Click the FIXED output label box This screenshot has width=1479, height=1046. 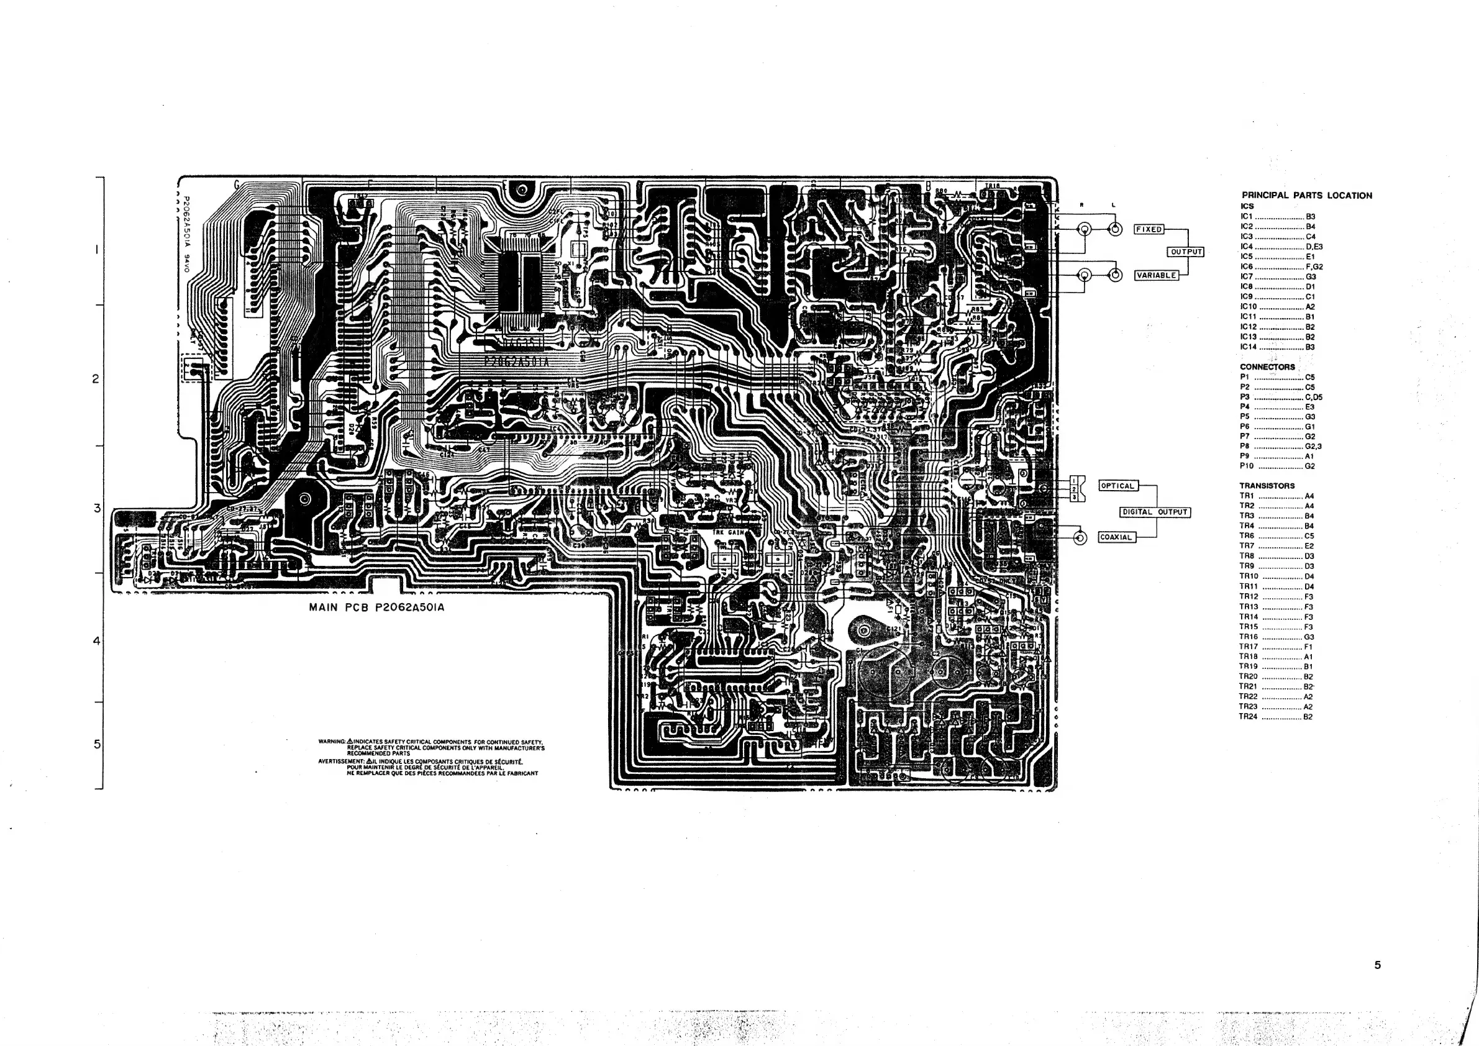(1149, 229)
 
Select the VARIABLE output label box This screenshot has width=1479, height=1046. (1156, 276)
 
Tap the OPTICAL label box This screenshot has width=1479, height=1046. (1117, 486)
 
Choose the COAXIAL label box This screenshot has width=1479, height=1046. (1116, 537)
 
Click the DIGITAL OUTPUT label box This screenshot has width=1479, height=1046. (1155, 512)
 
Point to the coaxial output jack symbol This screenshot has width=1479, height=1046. (1080, 538)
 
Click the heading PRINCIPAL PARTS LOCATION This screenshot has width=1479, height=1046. (1306, 195)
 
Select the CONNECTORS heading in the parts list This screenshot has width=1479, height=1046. (1267, 367)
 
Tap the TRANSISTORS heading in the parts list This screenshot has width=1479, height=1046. (1267, 486)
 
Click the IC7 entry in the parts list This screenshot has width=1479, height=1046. (1247, 277)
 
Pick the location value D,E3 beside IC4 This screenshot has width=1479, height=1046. (1314, 247)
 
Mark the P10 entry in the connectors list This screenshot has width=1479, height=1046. (1247, 466)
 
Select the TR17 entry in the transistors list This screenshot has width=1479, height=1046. (1249, 647)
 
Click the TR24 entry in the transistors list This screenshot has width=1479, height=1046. (1249, 717)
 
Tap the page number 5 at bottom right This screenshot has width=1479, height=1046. (1377, 965)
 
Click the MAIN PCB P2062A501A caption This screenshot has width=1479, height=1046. (376, 607)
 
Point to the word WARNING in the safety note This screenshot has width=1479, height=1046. (332, 742)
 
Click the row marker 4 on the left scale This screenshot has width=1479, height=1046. (97, 641)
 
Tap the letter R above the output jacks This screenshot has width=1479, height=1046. (1082, 206)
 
